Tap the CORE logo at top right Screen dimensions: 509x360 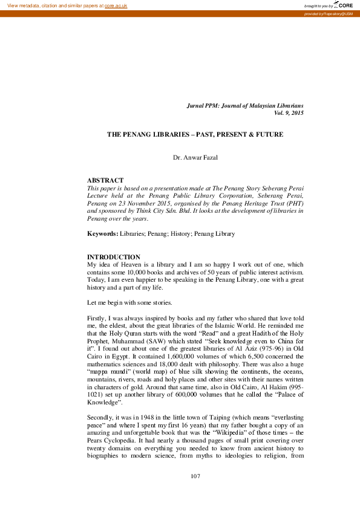tap(346, 5)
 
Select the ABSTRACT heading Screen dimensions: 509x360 tap(105, 180)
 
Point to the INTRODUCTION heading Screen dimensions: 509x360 tap(114, 257)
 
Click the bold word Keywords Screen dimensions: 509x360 tap(102, 233)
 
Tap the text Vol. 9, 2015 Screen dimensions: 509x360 tap(288, 113)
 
